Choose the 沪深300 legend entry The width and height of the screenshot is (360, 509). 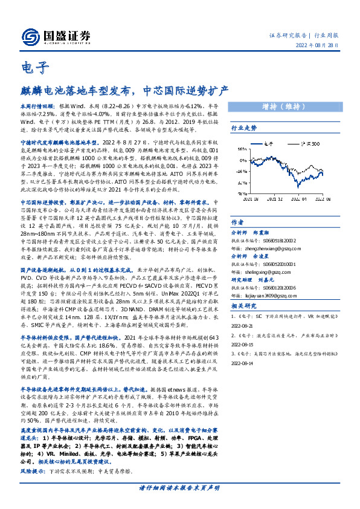309,143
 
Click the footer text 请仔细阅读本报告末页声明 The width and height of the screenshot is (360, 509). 180,487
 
